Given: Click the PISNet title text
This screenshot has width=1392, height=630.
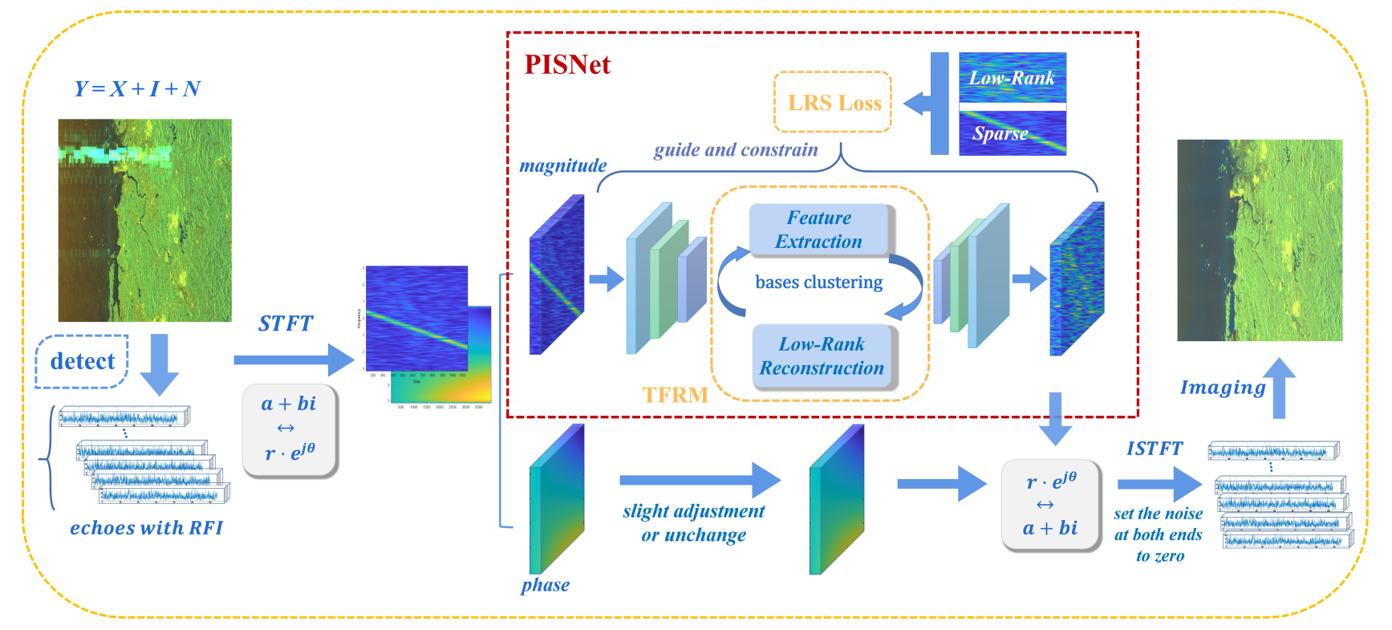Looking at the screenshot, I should coord(567,65).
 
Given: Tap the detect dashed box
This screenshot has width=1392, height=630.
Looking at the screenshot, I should coord(82,361).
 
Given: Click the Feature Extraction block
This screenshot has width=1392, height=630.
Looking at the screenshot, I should coord(818,230).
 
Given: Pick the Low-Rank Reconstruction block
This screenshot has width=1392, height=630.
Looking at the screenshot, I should coord(822,356).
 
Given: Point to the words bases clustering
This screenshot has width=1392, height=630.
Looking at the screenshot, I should coord(818,282).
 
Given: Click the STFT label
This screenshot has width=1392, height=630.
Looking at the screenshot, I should coord(286,323).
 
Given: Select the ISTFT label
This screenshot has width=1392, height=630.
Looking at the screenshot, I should coord(1154,449).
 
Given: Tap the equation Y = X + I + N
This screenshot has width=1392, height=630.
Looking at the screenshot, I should coord(137,88).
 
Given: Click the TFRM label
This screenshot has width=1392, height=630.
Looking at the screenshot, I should coord(675,395).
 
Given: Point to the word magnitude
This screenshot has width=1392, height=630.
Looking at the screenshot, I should coord(562,165).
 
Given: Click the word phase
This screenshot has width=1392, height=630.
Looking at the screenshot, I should coord(545,585).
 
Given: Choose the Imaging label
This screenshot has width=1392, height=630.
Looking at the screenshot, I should coord(1222,388).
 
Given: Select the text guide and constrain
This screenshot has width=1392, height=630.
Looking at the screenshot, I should coord(736,150).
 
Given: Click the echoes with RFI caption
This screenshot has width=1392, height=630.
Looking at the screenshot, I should coord(146,528).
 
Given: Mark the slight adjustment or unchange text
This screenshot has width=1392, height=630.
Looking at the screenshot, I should coord(694,523).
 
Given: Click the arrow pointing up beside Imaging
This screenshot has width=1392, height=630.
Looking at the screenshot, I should coord(1279,388).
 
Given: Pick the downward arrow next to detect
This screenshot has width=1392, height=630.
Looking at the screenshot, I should coord(160,364).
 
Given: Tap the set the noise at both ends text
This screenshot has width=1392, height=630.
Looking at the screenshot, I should coord(1159,534).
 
